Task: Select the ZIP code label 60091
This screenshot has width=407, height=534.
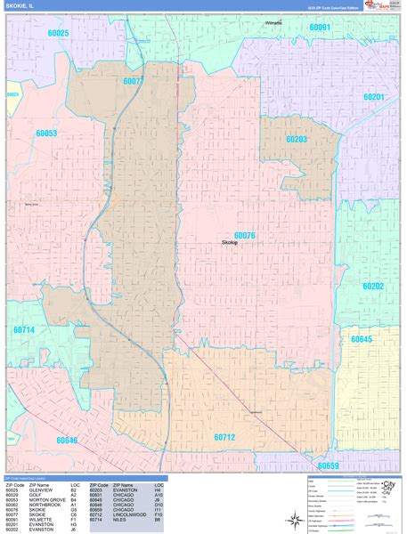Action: tap(320, 28)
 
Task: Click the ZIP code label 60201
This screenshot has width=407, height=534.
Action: tap(374, 96)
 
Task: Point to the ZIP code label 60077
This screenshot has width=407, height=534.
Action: tap(134, 81)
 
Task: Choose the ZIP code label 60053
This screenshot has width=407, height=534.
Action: tap(46, 133)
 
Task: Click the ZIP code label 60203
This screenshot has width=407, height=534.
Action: tap(297, 139)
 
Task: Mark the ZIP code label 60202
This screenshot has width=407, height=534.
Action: tap(373, 286)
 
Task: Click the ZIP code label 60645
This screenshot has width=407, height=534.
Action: tap(362, 339)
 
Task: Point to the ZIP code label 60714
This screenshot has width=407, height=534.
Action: tap(24, 330)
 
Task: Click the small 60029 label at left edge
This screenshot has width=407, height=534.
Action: tap(12, 94)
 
